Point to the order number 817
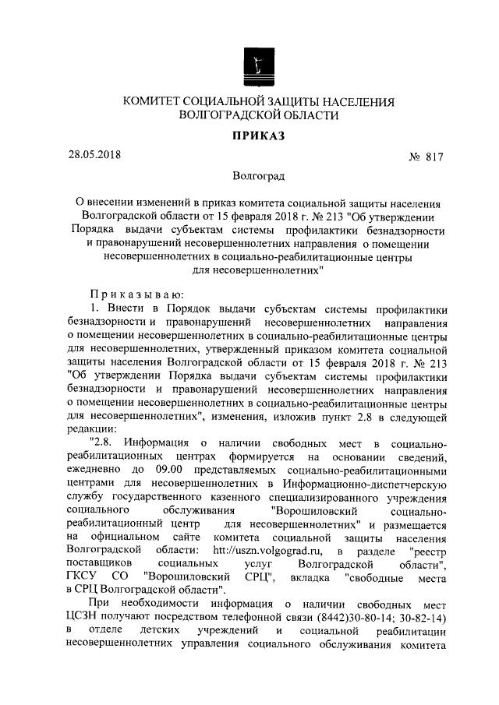coord(434,157)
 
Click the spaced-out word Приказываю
coord(136,294)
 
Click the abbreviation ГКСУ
coord(85,575)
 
